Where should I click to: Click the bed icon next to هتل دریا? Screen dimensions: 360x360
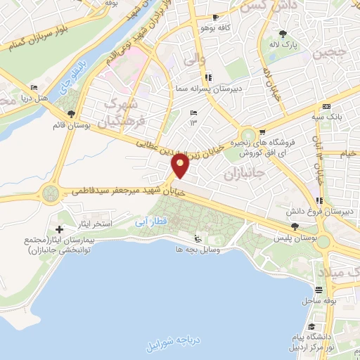(34, 88)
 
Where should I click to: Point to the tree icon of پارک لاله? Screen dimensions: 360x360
(283, 33)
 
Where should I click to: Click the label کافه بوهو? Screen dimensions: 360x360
(198, 27)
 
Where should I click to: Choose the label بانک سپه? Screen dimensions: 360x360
(328, 117)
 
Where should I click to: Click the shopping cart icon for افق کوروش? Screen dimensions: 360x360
(262, 131)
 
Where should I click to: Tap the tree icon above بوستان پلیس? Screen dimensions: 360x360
(295, 226)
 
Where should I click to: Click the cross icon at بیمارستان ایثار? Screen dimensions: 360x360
(59, 229)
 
